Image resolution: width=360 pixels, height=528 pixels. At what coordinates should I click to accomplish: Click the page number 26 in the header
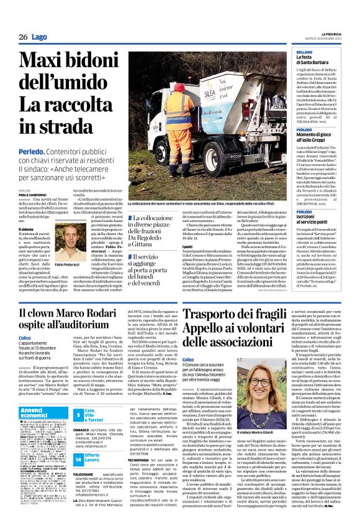click(22, 37)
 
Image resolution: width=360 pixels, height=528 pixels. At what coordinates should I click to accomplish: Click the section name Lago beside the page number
click(40, 37)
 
